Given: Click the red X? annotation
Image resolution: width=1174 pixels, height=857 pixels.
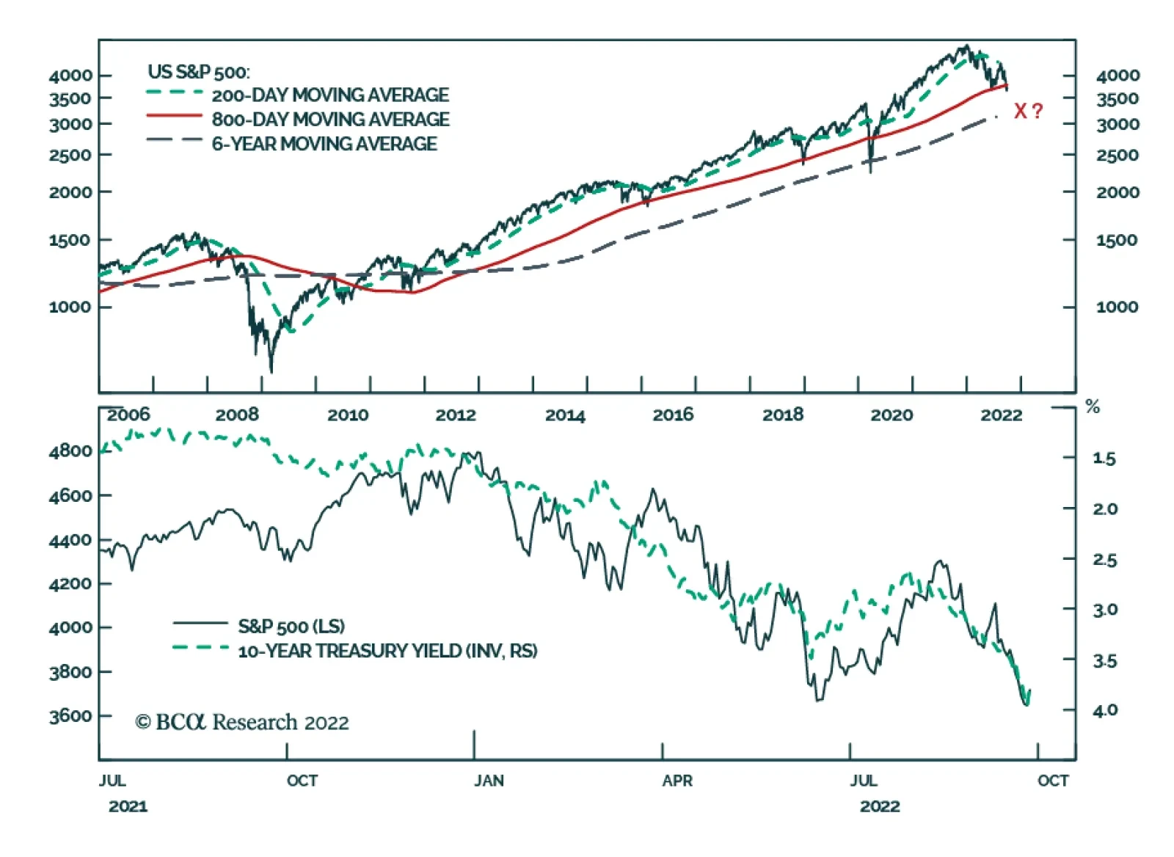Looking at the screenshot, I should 1027,112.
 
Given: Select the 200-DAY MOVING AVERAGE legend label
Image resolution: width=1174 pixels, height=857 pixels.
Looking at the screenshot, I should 330,95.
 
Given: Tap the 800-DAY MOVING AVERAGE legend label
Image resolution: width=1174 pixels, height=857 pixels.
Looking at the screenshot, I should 330,119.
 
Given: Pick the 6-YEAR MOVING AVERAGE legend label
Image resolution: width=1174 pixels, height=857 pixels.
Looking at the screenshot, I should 324,144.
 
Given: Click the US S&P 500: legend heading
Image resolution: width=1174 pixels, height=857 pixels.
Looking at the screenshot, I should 198,72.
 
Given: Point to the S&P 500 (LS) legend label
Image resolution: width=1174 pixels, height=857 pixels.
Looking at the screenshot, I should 291,626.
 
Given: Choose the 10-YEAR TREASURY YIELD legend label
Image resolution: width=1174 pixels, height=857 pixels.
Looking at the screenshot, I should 387,651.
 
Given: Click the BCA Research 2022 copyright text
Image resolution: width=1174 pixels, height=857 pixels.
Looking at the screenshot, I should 242,722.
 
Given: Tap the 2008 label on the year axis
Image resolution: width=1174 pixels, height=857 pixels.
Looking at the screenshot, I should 237,415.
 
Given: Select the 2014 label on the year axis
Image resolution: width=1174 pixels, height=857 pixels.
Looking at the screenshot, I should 565,415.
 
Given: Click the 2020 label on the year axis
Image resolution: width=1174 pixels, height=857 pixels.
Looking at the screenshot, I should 892,415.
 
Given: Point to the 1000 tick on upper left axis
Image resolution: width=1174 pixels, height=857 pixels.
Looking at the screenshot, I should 70,307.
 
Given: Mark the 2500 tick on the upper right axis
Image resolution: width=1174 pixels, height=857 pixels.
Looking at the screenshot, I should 1117,156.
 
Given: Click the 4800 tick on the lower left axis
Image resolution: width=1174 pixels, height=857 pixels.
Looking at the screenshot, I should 70,451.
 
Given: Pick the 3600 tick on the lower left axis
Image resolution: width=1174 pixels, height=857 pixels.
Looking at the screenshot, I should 70,715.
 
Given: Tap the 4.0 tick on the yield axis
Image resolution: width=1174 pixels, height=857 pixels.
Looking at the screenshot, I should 1105,710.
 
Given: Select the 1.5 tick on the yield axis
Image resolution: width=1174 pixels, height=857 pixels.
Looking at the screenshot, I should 1104,459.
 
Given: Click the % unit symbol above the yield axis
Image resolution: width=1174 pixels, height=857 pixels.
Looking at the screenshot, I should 1093,407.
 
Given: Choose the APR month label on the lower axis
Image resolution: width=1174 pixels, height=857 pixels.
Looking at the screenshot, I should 677,780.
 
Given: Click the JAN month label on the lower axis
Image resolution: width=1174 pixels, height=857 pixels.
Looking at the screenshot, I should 489,780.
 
